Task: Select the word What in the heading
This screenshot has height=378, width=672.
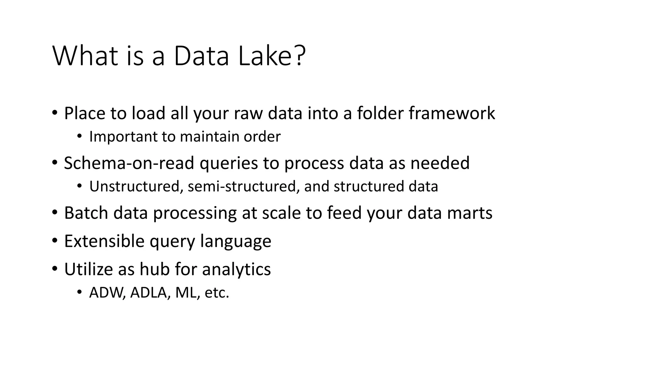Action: [x=85, y=56]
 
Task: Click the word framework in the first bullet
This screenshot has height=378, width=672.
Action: [x=452, y=113]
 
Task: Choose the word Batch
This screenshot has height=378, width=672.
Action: [x=86, y=213]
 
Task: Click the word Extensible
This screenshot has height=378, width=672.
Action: [x=104, y=241]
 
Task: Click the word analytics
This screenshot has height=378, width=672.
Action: [x=236, y=270]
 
